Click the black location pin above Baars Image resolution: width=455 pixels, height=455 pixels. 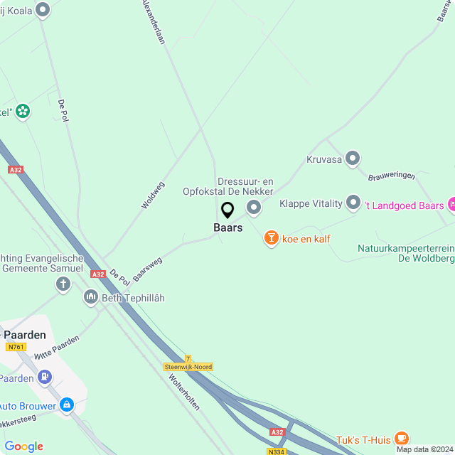tap(227, 210)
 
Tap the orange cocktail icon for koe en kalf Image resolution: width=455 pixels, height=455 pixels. tap(271, 238)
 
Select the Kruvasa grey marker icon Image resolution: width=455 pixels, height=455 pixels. tap(353, 159)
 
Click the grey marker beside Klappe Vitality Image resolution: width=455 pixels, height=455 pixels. tap(353, 203)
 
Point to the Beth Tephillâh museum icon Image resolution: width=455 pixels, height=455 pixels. tap(90, 297)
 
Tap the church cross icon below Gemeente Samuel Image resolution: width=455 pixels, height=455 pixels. tap(63, 285)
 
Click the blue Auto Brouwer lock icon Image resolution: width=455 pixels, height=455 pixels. tap(67, 405)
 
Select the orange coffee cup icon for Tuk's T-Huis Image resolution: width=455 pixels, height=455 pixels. tap(402, 438)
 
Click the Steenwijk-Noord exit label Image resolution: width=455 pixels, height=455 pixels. tap(188, 367)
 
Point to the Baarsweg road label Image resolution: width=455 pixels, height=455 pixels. tap(147, 269)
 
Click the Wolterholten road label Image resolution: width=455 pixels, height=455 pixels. tap(184, 391)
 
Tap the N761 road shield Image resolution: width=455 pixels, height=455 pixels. tap(15, 347)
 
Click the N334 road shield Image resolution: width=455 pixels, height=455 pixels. tap(277, 451)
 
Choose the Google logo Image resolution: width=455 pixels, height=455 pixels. tap(23, 446)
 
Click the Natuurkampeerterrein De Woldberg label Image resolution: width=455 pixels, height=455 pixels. tap(405, 253)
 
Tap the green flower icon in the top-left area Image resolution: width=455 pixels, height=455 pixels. tap(23, 110)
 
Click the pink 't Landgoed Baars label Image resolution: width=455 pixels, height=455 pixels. tap(403, 205)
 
